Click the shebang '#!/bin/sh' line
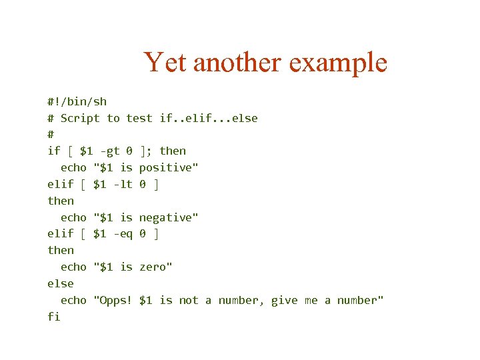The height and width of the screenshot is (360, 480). tap(77, 101)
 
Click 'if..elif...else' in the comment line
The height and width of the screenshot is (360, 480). tap(209, 118)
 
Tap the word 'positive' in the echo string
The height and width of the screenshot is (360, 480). tap(167, 168)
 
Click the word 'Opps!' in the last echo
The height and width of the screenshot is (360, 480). tap(113, 300)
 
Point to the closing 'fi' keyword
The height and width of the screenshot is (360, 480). tap(53, 317)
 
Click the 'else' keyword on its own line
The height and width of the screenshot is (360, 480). tap(60, 283)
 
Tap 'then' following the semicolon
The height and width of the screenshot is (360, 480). tap(173, 151)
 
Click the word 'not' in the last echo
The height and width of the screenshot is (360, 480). tap(189, 300)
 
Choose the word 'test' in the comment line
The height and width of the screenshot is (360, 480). tap(139, 118)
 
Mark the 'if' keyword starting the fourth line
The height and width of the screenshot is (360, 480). tap(53, 151)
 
